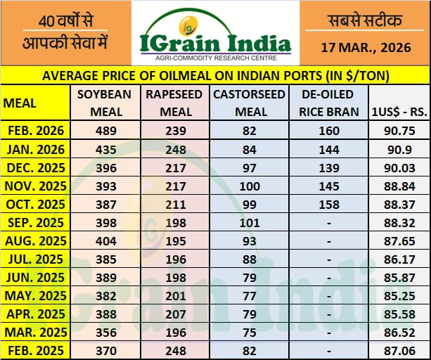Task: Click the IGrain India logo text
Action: tap(215, 40)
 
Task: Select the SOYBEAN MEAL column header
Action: tap(106, 103)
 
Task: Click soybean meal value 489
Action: tap(106, 130)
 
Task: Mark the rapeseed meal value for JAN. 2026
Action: tap(175, 148)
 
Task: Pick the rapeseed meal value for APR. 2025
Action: tap(175, 314)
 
